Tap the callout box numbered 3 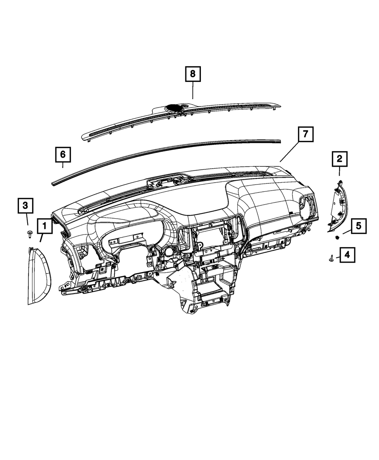click(x=25, y=206)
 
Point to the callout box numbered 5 click(x=358, y=226)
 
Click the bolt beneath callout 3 click(x=29, y=233)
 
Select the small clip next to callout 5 click(x=337, y=238)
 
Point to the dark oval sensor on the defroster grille click(x=175, y=108)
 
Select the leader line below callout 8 click(x=193, y=91)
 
